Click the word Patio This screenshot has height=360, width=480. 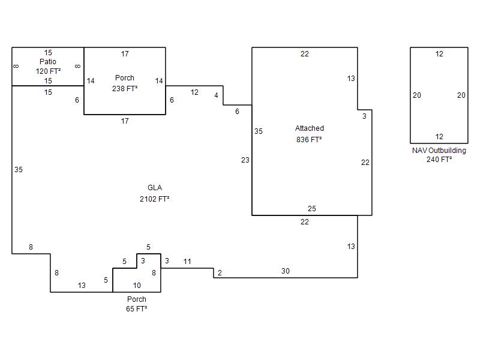click(x=48, y=62)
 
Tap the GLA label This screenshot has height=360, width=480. click(x=155, y=188)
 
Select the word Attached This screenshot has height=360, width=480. click(x=309, y=128)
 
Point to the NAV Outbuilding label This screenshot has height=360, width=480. click(x=439, y=151)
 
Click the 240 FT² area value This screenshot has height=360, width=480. click(x=439, y=160)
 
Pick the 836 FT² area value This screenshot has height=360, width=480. click(x=309, y=140)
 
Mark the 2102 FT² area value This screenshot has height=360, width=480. click(x=155, y=199)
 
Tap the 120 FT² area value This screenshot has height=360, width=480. click(x=48, y=71)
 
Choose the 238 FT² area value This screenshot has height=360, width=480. click(x=125, y=88)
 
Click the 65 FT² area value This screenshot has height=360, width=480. click(x=137, y=308)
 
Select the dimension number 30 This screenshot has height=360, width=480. click(x=286, y=271)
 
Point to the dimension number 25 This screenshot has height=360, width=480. click(x=311, y=208)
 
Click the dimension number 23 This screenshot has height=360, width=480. click(x=245, y=160)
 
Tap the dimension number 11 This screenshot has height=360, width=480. click(x=187, y=262)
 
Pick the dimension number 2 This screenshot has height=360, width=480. click(x=220, y=273)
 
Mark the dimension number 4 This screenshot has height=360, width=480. click(x=216, y=95)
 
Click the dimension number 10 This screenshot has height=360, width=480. click(x=137, y=286)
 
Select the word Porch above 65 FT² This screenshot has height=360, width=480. click(x=137, y=299)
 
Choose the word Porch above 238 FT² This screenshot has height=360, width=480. click(x=125, y=78)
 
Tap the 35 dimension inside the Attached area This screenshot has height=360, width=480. click(x=259, y=131)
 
